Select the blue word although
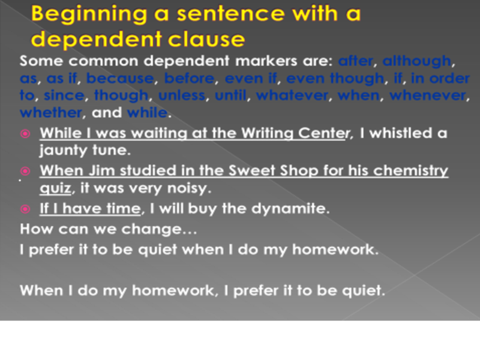(416, 61)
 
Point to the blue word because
(120, 78)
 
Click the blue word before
(189, 78)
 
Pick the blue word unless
(182, 95)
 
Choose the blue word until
(230, 95)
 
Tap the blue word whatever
(292, 95)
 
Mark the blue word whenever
(428, 95)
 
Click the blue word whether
(51, 112)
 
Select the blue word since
(64, 95)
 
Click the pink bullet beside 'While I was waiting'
(25, 134)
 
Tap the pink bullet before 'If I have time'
(25, 209)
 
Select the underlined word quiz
(55, 188)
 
